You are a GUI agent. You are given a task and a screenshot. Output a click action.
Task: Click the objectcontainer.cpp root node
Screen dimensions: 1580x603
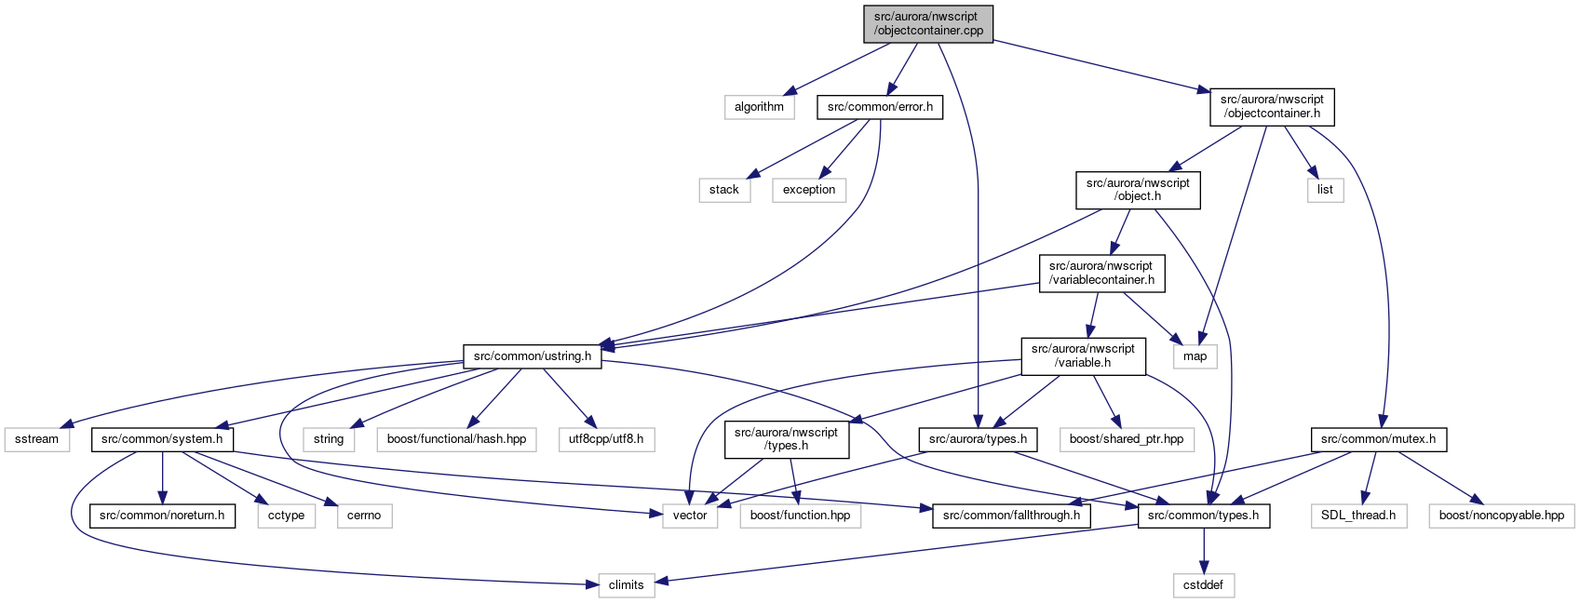(927, 24)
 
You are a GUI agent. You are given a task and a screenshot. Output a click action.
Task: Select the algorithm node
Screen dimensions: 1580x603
(759, 107)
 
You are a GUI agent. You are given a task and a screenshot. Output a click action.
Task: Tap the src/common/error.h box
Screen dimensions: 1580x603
(880, 107)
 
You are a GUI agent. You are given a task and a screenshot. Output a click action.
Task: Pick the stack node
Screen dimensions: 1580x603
(724, 190)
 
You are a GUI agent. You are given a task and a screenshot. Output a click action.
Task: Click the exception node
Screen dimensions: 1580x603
(809, 190)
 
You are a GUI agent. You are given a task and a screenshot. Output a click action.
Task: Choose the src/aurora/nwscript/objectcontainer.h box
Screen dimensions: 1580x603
(1272, 107)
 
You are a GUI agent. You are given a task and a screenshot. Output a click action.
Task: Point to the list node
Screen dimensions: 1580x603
(1326, 190)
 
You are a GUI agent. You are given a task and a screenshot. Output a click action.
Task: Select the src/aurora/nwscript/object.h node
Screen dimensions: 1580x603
(1138, 190)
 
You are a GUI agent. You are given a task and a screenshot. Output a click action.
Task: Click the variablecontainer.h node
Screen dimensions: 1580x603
(1101, 273)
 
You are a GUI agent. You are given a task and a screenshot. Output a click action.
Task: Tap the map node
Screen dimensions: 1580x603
(1195, 356)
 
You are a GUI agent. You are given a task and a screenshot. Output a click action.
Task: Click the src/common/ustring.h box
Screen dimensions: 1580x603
(533, 356)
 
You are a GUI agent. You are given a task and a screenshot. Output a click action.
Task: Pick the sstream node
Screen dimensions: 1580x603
(36, 439)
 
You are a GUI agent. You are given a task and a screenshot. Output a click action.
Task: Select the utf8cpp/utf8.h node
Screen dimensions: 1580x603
(606, 439)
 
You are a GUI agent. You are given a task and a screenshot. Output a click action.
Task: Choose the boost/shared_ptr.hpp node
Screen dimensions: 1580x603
(1127, 439)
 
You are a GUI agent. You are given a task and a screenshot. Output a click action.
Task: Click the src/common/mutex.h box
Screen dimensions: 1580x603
(1378, 439)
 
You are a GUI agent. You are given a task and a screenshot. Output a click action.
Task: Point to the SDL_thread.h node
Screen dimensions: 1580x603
(1358, 516)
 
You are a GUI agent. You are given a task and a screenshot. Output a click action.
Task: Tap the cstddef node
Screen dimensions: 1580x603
(1204, 584)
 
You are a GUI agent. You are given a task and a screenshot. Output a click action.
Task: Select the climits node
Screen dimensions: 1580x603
(627, 584)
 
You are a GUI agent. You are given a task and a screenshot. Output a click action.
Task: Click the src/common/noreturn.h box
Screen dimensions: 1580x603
(162, 516)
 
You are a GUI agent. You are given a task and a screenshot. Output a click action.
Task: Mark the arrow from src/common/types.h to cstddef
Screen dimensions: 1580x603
(1204, 550)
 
